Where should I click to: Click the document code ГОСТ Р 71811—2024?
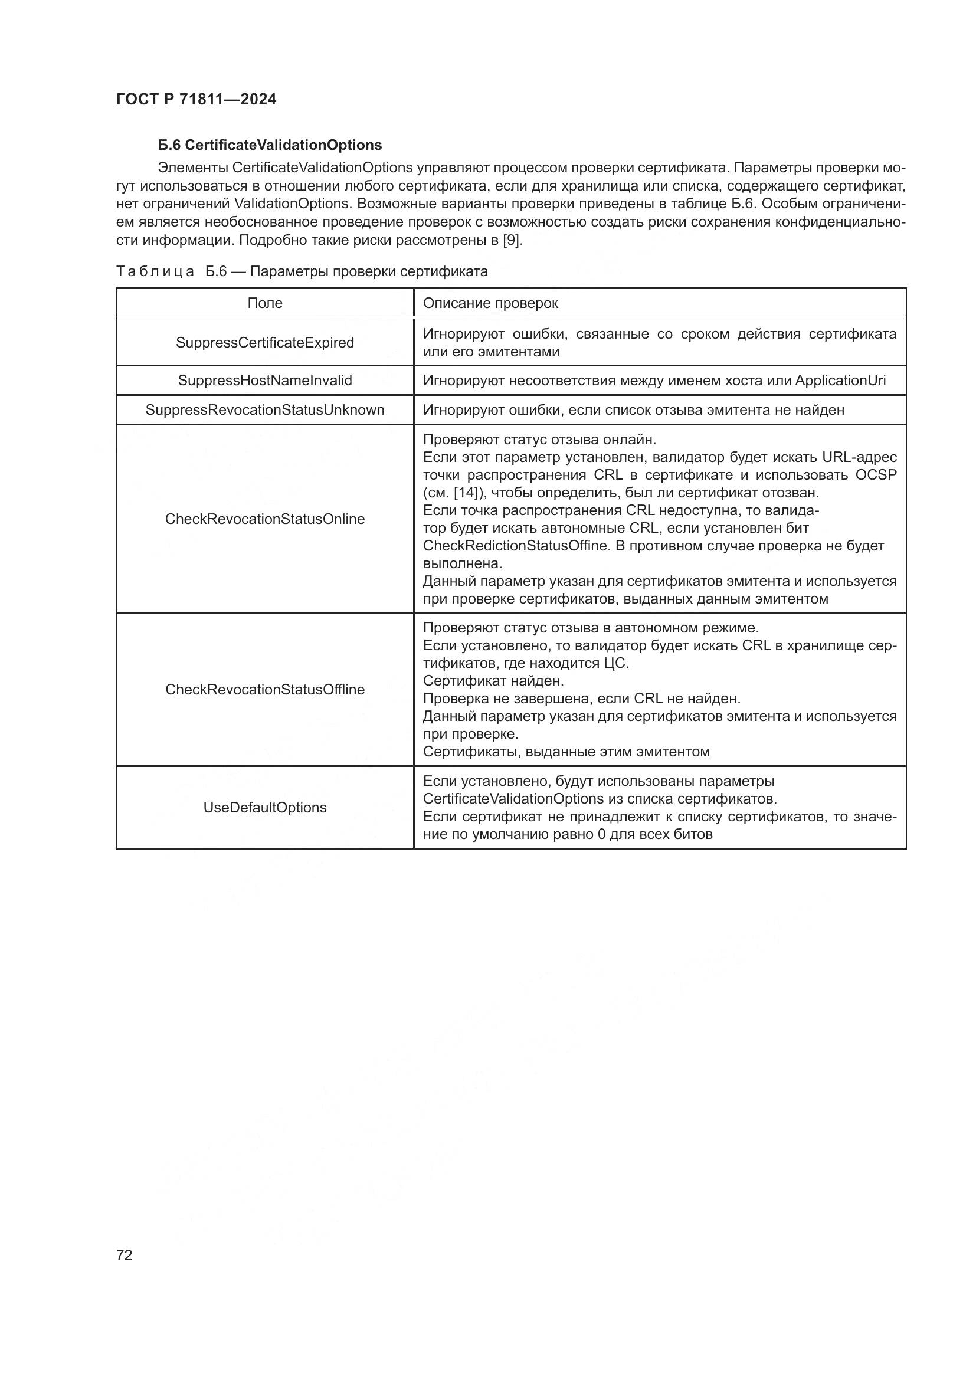(196, 99)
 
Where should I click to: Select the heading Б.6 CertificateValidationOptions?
(270, 145)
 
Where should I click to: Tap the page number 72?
(125, 1255)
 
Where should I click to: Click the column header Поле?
(264, 303)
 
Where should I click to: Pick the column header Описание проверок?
(490, 303)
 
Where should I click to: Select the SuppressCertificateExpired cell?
(264, 343)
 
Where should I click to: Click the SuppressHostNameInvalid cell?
(264, 381)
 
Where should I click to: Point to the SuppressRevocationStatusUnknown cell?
(264, 410)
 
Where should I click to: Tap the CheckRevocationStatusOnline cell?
(264, 519)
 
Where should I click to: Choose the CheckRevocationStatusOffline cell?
(264, 689)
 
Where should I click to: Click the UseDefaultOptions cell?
(264, 807)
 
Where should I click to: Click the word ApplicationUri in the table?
(840, 381)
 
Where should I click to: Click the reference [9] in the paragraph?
(512, 240)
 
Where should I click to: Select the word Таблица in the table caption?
(155, 271)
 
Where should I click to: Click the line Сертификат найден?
(493, 681)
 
